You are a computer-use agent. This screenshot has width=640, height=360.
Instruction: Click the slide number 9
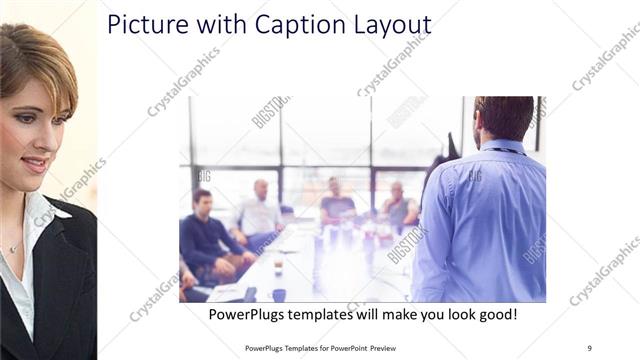click(589, 347)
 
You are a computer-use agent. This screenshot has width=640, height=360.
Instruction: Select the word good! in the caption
click(494, 314)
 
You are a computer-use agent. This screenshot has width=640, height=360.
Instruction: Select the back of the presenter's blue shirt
click(490, 220)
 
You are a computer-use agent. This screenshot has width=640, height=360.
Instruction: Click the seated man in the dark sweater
click(206, 235)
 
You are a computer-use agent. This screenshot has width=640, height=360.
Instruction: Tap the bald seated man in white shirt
click(259, 212)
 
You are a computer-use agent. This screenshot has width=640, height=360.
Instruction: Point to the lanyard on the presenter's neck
click(500, 149)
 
